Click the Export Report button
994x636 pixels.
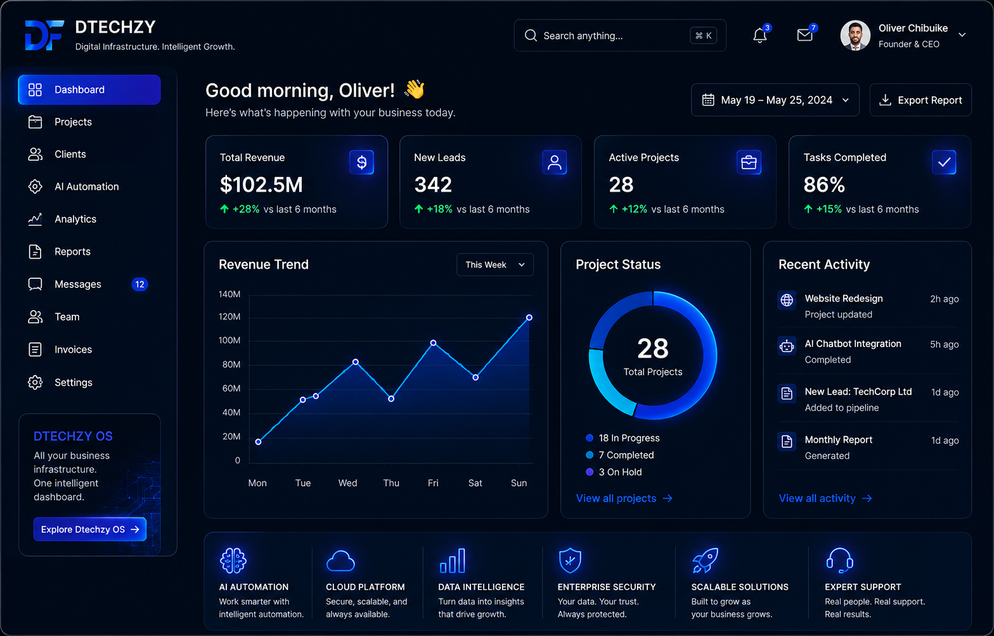tap(920, 100)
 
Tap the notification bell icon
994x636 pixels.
tap(759, 36)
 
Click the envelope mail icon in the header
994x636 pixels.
tap(804, 35)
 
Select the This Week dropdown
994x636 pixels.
tap(494, 264)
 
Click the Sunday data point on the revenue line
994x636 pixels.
tap(529, 317)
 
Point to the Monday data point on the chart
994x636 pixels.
tap(258, 441)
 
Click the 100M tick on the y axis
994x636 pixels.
tap(229, 341)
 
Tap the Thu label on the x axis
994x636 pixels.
tap(391, 483)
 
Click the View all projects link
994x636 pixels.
tap(624, 498)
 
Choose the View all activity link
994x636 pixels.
tap(825, 498)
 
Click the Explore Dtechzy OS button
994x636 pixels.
tap(90, 529)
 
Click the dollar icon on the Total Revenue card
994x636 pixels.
tap(361, 162)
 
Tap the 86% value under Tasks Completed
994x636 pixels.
tap(824, 185)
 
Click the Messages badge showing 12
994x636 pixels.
tap(139, 284)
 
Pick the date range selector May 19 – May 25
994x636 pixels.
tap(775, 100)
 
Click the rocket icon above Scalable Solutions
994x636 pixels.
tap(705, 560)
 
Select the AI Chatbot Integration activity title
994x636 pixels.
tap(853, 344)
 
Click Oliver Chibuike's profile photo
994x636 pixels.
tap(855, 35)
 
